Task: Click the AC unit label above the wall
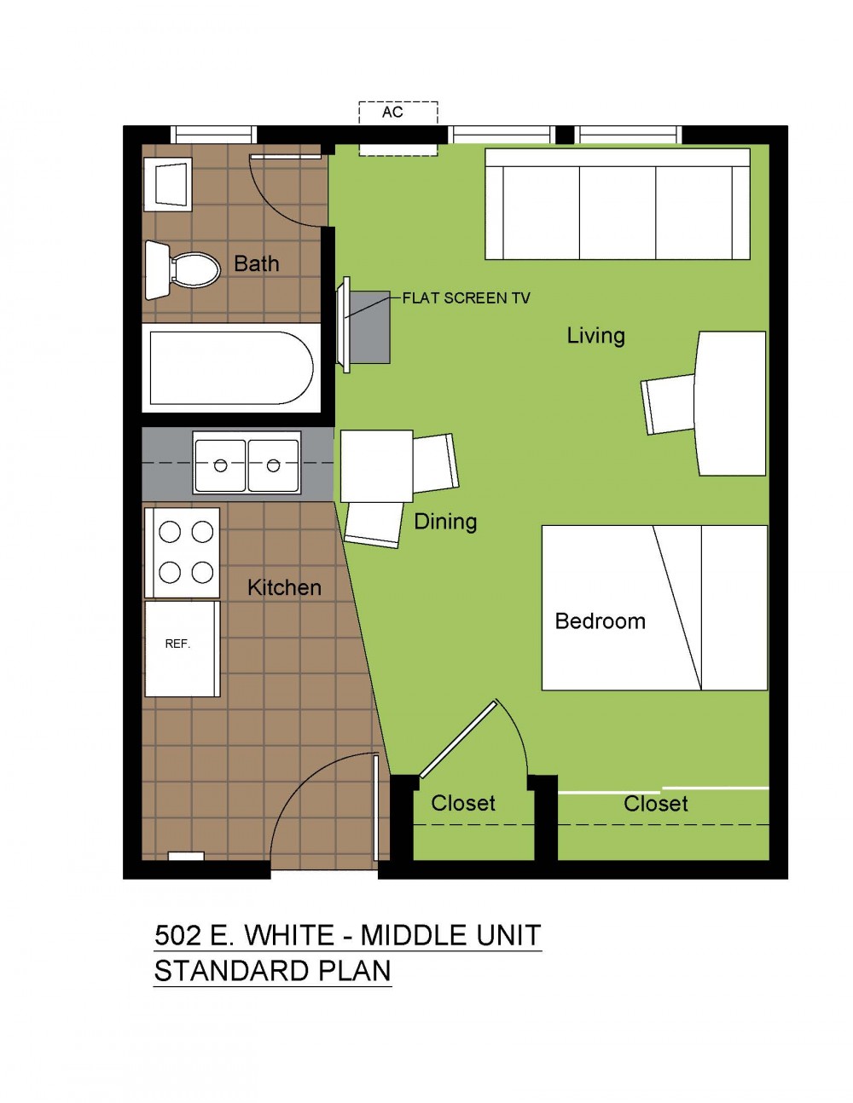(x=392, y=113)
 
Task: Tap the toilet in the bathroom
(x=183, y=269)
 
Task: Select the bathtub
(x=231, y=368)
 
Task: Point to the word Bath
(x=257, y=264)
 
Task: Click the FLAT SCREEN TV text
(x=466, y=298)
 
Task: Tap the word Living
(x=595, y=337)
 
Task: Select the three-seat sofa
(x=618, y=204)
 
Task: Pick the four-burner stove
(x=183, y=552)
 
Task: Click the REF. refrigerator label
(x=177, y=644)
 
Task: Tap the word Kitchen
(x=284, y=588)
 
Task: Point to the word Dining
(x=445, y=523)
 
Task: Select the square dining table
(x=376, y=466)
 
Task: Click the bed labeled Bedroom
(x=654, y=608)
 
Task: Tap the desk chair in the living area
(x=668, y=405)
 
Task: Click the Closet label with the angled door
(x=463, y=803)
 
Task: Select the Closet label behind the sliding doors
(x=655, y=804)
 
